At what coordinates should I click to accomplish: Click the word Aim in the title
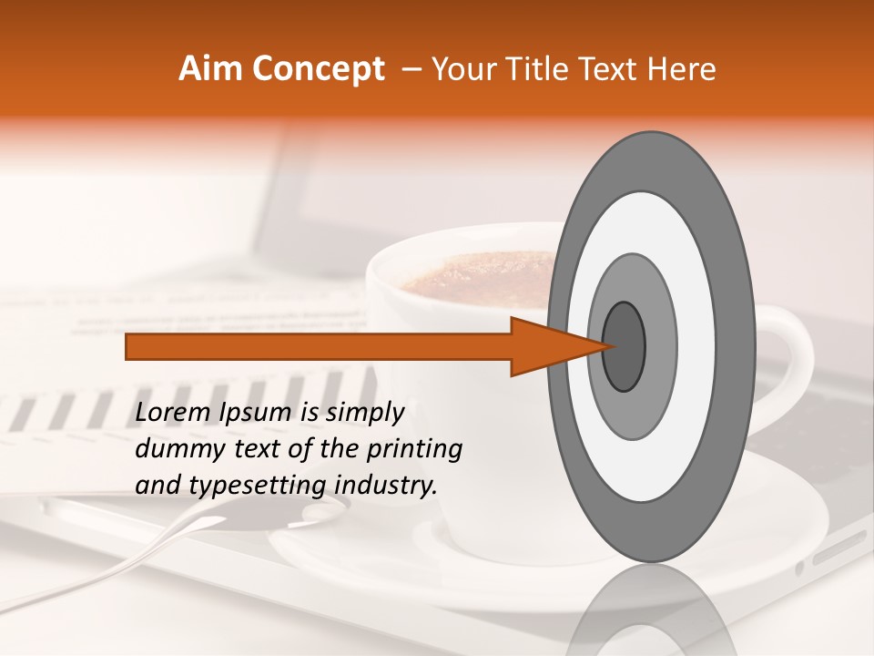[x=208, y=69]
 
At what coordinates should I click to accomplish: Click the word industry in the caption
[x=386, y=486]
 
